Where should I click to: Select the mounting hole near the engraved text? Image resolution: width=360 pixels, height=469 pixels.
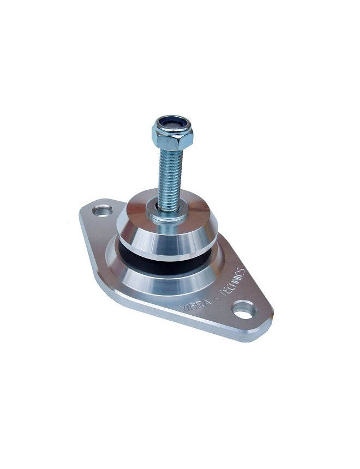coord(244,309)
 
